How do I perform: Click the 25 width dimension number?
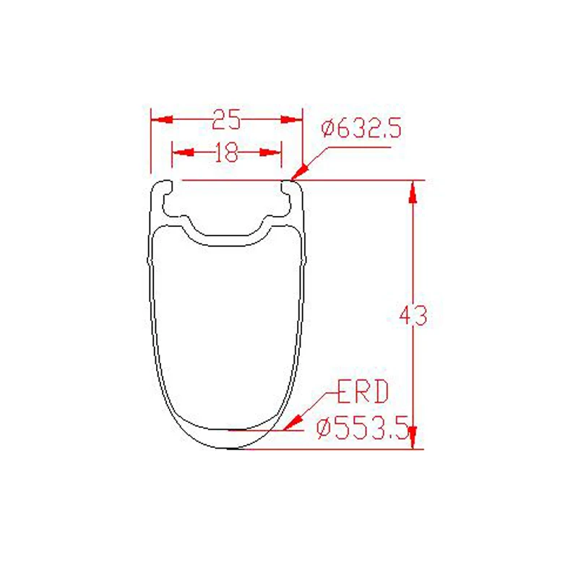pyautogui.click(x=226, y=119)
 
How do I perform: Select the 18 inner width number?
pyautogui.click(x=226, y=152)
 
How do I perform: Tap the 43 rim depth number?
pyautogui.click(x=413, y=315)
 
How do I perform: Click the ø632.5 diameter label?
pyautogui.click(x=361, y=129)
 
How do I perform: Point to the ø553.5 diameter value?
pyautogui.click(x=363, y=428)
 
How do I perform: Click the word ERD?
pyautogui.click(x=363, y=392)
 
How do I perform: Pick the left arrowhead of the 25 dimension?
pyautogui.click(x=162, y=119)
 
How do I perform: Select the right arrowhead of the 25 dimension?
pyautogui.click(x=292, y=119)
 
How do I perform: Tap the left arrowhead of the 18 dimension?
pyautogui.click(x=184, y=152)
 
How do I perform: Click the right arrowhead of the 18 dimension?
pyautogui.click(x=270, y=152)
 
